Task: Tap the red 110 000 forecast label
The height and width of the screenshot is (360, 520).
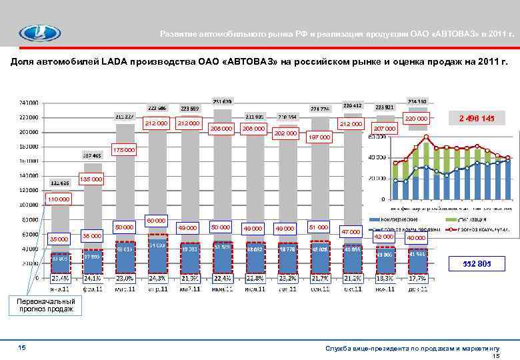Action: click(58, 199)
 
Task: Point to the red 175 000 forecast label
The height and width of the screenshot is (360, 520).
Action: click(125, 150)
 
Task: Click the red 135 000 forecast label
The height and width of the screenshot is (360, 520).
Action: click(91, 179)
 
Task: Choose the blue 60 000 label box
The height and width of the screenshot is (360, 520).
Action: click(157, 220)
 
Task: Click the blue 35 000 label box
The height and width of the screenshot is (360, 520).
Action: click(59, 239)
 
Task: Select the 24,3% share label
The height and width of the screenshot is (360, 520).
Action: click(157, 277)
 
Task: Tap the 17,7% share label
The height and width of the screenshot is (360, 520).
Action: click(418, 277)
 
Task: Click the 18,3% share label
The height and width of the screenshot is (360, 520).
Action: click(385, 277)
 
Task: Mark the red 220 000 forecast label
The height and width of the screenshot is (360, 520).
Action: click(416, 119)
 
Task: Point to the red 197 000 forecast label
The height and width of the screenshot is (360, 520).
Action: click(318, 137)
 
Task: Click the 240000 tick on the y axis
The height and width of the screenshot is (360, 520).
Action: click(29, 103)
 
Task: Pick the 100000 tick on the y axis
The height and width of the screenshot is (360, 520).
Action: click(29, 205)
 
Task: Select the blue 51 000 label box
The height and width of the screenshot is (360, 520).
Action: click(318, 227)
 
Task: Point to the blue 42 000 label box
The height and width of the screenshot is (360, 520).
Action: click(384, 237)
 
